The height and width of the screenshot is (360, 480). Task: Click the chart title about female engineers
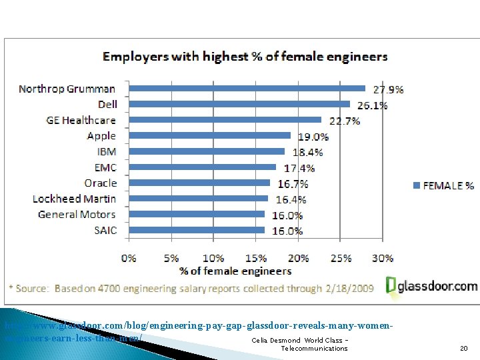point(245,57)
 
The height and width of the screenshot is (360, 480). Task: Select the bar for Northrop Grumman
point(247,88)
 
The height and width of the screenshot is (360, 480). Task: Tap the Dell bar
point(239,104)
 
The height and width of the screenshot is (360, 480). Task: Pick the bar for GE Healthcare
point(225,120)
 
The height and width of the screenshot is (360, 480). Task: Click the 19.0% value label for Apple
point(313,137)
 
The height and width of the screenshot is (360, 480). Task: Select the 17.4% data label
point(299,168)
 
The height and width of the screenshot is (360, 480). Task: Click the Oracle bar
point(199,183)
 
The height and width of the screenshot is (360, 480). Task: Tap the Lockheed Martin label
point(74,199)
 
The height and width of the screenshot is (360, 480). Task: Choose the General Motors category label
point(77,215)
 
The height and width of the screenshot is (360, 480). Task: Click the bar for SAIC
point(196,231)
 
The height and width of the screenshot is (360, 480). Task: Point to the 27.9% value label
point(387,89)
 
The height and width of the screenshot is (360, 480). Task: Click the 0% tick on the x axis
point(129,258)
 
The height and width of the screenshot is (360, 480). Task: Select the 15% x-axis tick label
point(255,258)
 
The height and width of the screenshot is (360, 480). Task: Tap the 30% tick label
point(382,258)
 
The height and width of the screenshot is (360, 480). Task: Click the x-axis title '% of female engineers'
point(235,271)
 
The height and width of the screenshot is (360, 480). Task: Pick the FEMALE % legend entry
point(443,185)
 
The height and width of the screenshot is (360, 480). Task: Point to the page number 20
point(463,349)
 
